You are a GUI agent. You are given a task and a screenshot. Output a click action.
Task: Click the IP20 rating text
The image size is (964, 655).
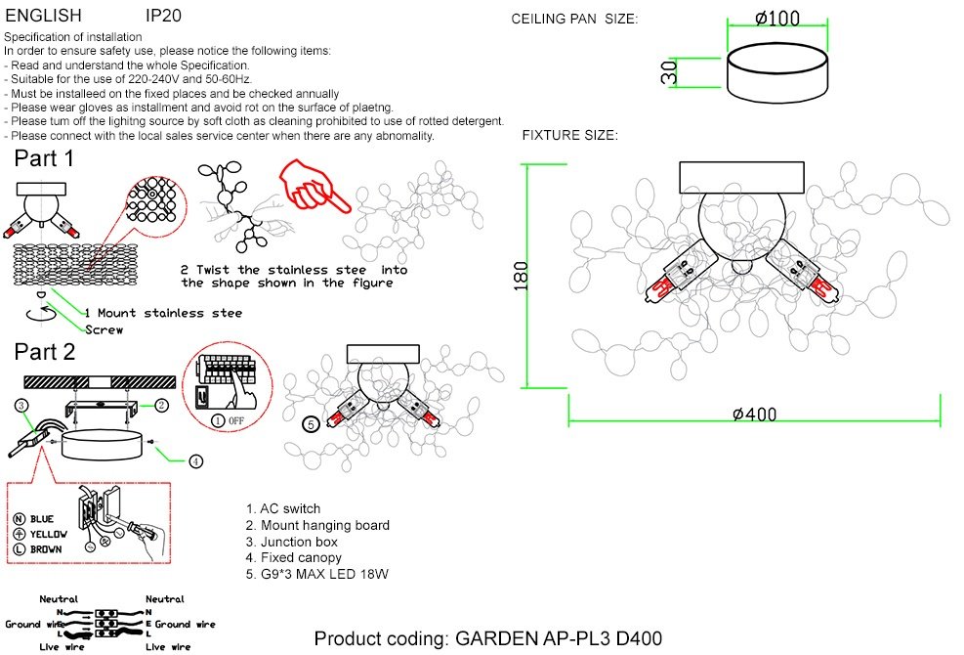click(163, 16)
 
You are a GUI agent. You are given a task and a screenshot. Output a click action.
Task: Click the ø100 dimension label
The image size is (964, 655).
click(777, 19)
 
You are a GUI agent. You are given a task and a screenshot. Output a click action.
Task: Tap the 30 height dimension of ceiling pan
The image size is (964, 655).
click(669, 72)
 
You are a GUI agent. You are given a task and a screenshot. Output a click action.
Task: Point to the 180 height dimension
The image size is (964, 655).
click(521, 275)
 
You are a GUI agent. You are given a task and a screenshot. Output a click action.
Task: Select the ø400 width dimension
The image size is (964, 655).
click(754, 415)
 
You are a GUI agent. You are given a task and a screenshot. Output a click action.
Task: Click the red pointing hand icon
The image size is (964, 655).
click(313, 186)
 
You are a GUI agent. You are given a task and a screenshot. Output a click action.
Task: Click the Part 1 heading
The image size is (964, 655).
click(44, 158)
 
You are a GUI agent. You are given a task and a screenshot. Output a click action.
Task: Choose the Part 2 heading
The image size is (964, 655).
click(45, 352)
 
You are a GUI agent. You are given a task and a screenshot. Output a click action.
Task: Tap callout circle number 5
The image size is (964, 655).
click(312, 424)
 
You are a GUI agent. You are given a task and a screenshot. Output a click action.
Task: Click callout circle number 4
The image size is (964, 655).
click(195, 461)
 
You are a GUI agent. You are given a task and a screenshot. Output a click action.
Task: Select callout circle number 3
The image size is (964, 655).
click(21, 405)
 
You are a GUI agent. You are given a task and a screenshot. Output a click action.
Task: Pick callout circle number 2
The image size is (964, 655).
click(161, 405)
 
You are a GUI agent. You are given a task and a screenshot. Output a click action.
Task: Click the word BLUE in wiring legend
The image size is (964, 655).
click(42, 519)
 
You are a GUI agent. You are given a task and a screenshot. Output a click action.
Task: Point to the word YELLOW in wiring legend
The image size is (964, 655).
click(49, 534)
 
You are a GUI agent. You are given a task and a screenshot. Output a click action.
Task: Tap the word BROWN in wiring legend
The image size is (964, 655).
click(46, 548)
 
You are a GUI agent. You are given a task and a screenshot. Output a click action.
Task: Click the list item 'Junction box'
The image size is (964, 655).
click(291, 542)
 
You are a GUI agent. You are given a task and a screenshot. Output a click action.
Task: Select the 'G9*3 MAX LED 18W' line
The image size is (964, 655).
click(316, 575)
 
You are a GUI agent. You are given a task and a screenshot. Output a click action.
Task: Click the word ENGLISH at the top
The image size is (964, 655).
click(43, 16)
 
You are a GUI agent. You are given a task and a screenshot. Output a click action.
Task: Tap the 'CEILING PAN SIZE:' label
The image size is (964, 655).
click(574, 20)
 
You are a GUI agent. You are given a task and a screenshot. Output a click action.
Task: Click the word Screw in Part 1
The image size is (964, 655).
click(104, 329)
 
